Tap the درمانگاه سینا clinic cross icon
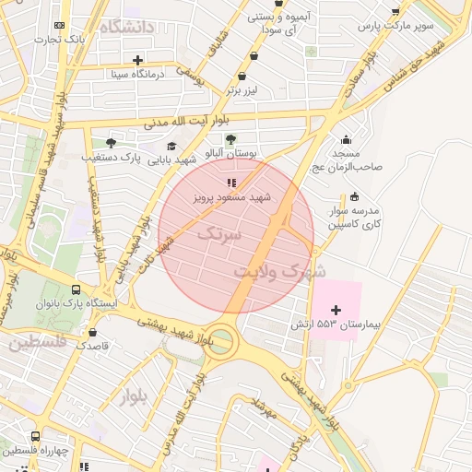tap(137, 60)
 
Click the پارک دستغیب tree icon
tap(112, 143)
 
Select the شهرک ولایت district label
tap(279, 272)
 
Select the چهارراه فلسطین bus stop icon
tap(35, 436)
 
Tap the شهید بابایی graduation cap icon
tap(171, 146)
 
